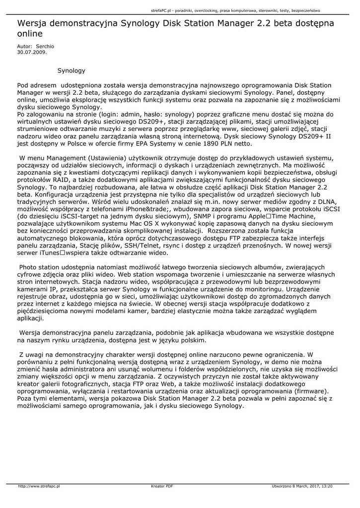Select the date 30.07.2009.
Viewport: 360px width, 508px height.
(32, 51)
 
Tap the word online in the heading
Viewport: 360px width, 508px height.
(30, 34)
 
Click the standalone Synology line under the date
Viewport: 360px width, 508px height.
(72, 71)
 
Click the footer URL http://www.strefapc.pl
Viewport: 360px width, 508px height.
(39, 486)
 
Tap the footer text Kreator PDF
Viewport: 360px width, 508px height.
(162, 486)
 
